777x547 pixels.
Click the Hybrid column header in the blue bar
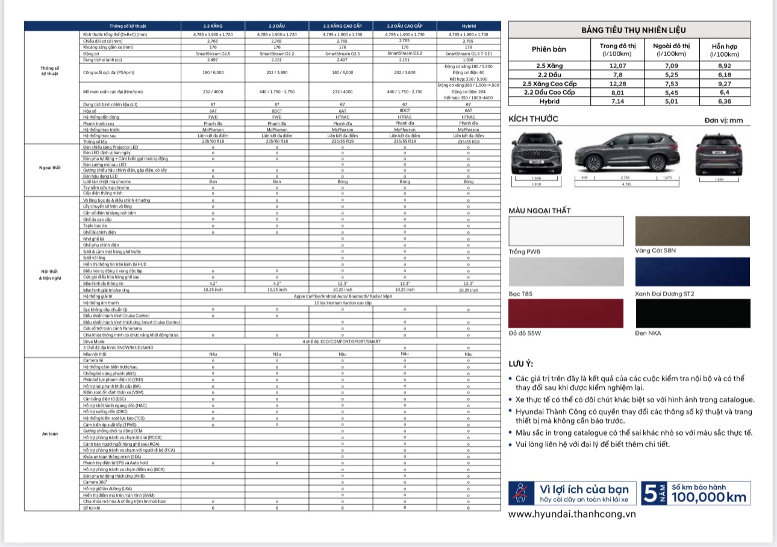[x=468, y=26]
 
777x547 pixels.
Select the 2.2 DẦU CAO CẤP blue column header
[x=405, y=26]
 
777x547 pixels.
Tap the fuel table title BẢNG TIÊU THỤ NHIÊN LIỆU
[x=629, y=30]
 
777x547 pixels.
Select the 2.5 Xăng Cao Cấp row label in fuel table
[x=549, y=83]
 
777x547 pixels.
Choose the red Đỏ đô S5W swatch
[x=566, y=313]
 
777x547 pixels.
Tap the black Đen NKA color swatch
[x=693, y=313]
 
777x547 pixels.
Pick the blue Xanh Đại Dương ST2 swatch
[x=693, y=272]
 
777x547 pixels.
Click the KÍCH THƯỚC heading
[x=534, y=119]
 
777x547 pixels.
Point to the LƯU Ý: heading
[x=521, y=363]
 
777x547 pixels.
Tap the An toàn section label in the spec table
[x=49, y=433]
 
